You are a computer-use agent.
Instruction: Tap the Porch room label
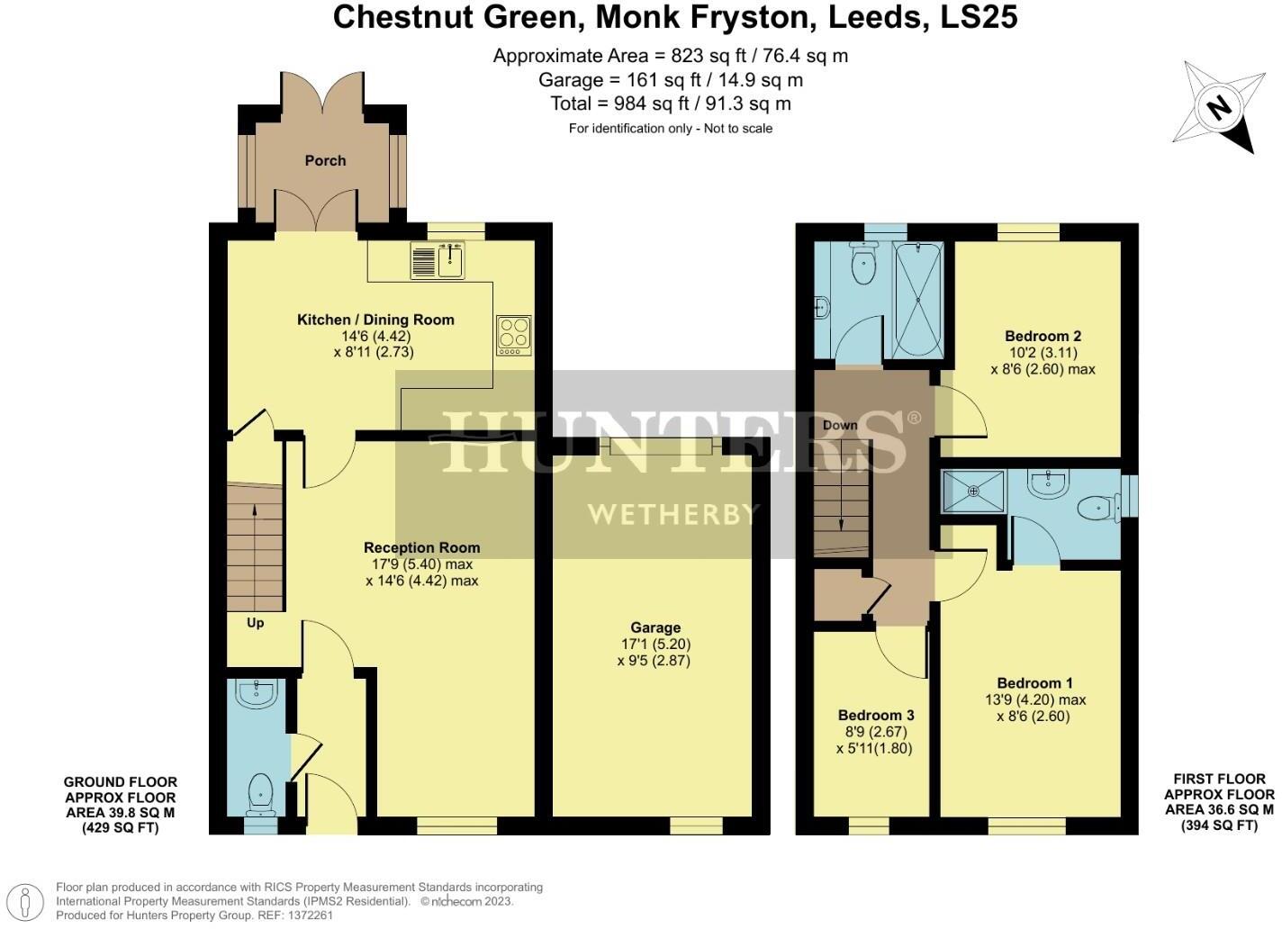pyautogui.click(x=325, y=160)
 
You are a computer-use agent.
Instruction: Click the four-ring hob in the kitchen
pyautogui.click(x=513, y=335)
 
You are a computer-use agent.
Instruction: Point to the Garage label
pyautogui.click(x=655, y=627)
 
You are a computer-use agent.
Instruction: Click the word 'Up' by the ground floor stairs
pyautogui.click(x=256, y=623)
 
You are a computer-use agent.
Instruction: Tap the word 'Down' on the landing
pyautogui.click(x=840, y=425)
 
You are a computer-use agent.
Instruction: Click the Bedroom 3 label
pyautogui.click(x=876, y=715)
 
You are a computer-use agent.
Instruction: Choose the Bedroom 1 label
pyautogui.click(x=1034, y=683)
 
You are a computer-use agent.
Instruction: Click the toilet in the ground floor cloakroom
pyautogui.click(x=260, y=790)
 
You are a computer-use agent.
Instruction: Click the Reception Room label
pyautogui.click(x=421, y=547)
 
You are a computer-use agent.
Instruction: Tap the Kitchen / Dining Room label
pyautogui.click(x=375, y=320)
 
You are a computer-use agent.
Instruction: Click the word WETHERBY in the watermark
pyautogui.click(x=673, y=514)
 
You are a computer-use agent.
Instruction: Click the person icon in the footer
pyautogui.click(x=30, y=900)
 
